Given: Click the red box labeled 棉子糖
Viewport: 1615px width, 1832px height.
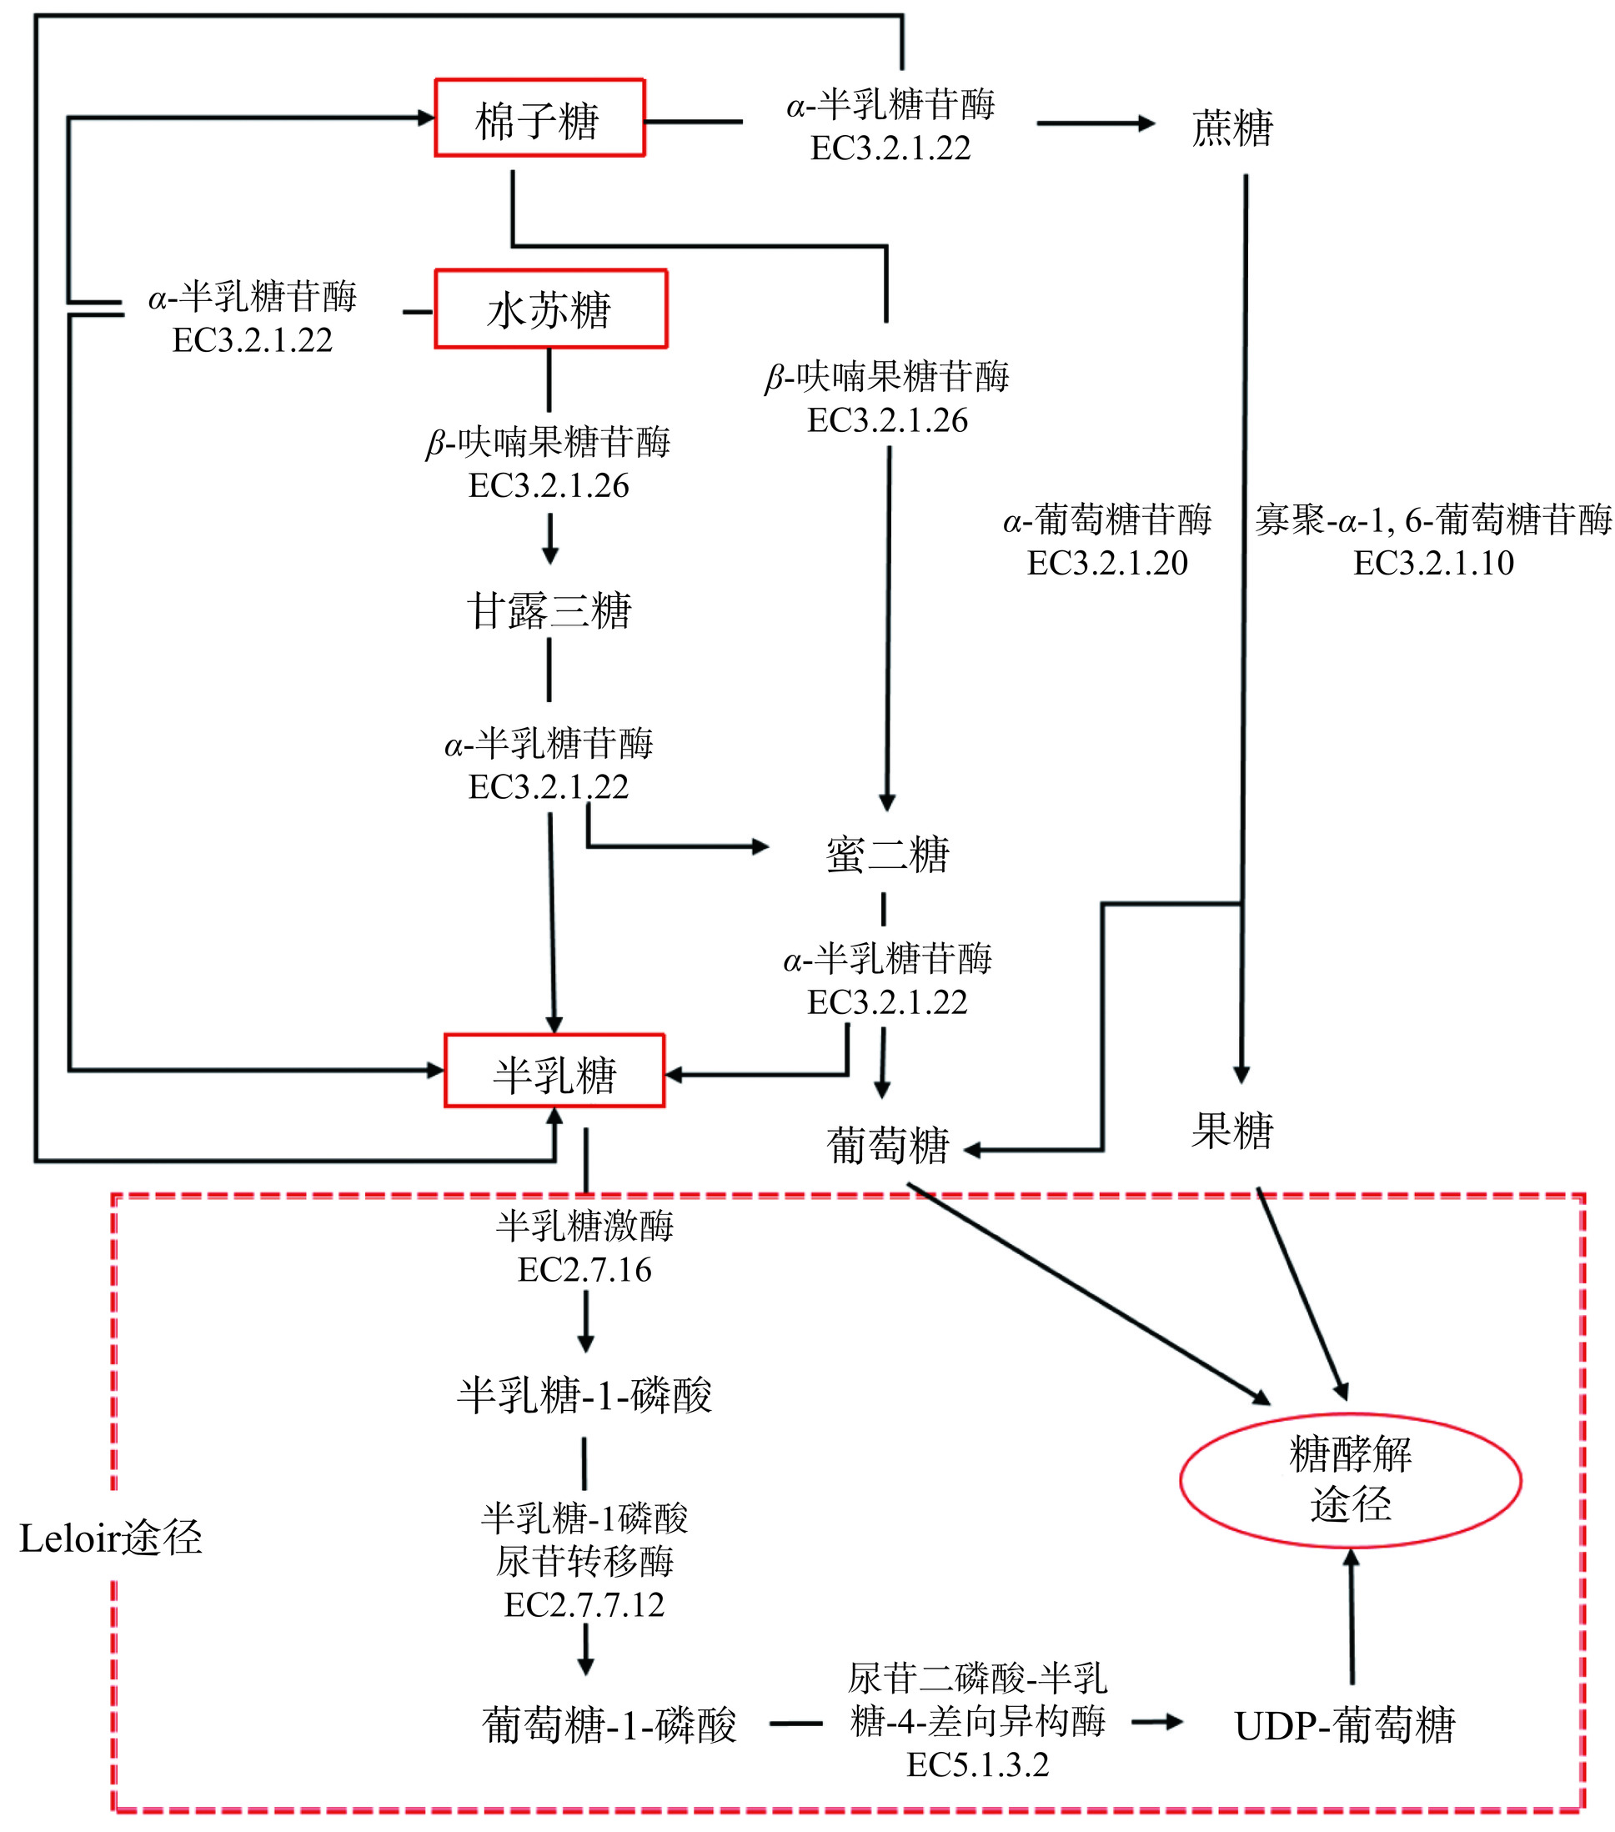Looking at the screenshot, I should tap(539, 118).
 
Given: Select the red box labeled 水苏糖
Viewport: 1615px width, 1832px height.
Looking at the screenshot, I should tap(550, 309).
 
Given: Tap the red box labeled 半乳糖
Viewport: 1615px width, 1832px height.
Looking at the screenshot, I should tap(554, 1072).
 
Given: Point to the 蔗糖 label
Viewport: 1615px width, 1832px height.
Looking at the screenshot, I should tap(1232, 128).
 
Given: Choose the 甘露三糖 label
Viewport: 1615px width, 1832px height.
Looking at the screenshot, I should tap(549, 611).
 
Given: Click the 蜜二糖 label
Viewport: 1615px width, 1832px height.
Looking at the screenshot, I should tap(887, 853).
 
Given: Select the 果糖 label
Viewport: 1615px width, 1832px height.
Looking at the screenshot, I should tap(1232, 1130).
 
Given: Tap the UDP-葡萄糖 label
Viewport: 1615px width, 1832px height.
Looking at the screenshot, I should tap(1344, 1725).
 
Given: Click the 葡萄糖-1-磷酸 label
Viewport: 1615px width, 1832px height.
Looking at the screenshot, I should tap(609, 1725).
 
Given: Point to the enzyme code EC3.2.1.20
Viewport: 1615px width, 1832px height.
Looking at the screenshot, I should tap(1107, 563).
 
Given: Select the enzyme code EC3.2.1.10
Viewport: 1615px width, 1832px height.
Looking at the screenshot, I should tap(1433, 563).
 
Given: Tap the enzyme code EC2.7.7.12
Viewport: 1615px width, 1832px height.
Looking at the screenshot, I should tap(584, 1605).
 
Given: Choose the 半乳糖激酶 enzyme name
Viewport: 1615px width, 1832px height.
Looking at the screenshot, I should tap(584, 1225).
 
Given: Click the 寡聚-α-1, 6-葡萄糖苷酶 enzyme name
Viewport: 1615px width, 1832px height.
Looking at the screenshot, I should tap(1433, 519).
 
